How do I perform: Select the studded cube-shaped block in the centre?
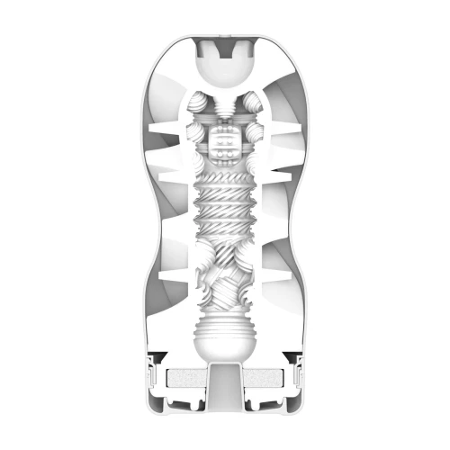224,142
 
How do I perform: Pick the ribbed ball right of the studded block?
251,144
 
